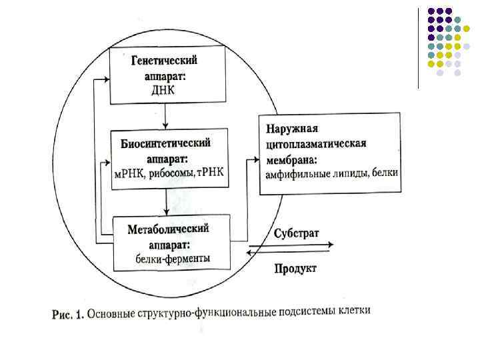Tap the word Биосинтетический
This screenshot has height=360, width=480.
166,143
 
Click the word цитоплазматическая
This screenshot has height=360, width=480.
316,143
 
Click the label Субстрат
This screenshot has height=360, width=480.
296,233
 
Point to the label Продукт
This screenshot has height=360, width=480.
295,269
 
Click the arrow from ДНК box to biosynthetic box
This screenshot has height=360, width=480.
165,116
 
